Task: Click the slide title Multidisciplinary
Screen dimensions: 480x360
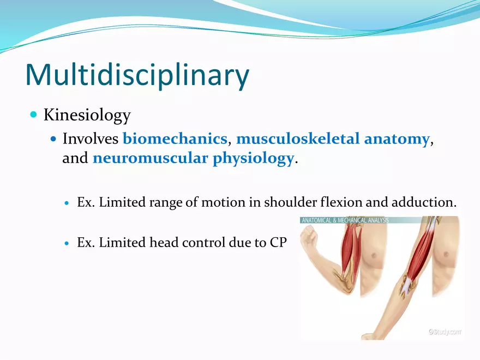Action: click(x=137, y=75)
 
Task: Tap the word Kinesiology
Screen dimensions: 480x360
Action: click(x=87, y=116)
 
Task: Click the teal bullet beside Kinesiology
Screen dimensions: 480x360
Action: click(x=34, y=115)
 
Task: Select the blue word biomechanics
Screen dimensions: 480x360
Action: click(x=175, y=139)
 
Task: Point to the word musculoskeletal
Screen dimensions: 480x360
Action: click(x=298, y=139)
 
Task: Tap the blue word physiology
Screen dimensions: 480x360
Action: click(x=253, y=159)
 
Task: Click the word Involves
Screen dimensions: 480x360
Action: click(x=91, y=139)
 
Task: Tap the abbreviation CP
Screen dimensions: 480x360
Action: click(x=278, y=243)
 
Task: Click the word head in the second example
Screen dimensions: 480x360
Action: click(x=164, y=242)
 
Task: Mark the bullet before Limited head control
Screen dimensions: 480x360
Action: click(x=67, y=243)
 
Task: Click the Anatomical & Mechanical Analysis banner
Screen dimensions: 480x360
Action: click(x=345, y=220)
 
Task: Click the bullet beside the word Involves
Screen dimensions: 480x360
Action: click(x=53, y=139)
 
